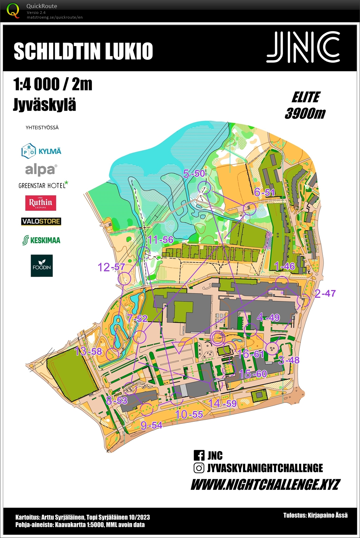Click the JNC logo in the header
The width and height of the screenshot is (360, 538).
303,47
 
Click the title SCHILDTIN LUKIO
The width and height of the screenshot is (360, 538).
83,51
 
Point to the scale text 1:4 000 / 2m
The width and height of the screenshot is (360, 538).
53,84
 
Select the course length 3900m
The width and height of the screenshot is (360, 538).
305,113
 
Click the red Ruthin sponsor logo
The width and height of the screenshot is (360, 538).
41,203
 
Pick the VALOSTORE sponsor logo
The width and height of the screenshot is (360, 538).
41,222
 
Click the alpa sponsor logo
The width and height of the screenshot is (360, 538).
41,169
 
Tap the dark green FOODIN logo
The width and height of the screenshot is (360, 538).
42,266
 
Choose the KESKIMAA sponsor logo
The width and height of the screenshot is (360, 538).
41,240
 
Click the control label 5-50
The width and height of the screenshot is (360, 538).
194,174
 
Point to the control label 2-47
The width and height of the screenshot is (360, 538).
325,293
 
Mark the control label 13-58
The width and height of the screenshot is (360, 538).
88,351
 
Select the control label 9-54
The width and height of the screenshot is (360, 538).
151,425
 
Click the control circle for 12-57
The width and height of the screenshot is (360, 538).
124,278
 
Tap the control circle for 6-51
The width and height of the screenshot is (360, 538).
249,209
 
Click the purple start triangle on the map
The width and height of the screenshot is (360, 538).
179,348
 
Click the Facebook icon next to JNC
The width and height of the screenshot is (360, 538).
199,455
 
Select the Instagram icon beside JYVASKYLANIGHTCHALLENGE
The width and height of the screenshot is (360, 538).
199,468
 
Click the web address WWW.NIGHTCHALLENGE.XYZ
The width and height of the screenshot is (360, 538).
265,484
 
